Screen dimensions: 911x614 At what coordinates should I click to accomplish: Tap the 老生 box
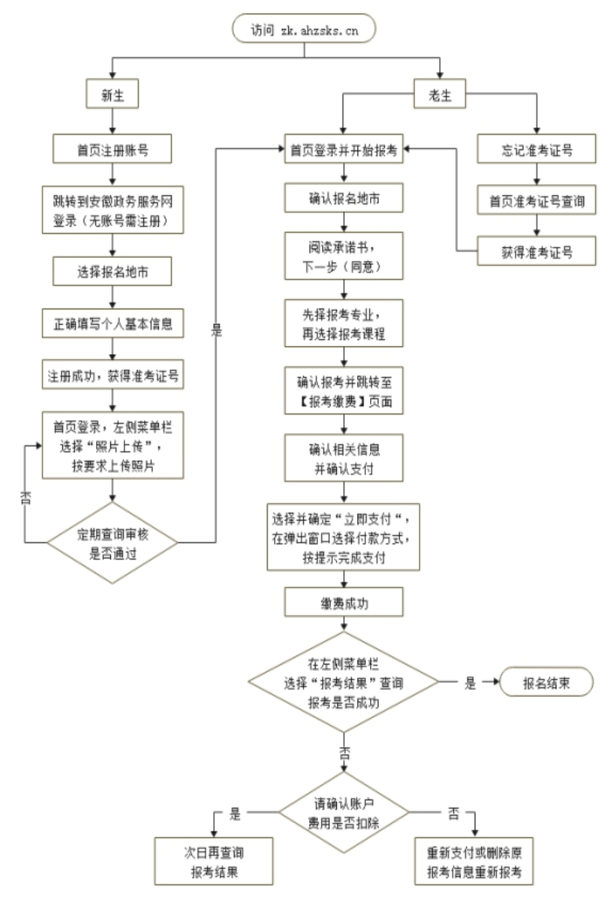click(440, 96)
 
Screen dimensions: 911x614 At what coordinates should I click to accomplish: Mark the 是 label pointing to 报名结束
click(470, 683)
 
